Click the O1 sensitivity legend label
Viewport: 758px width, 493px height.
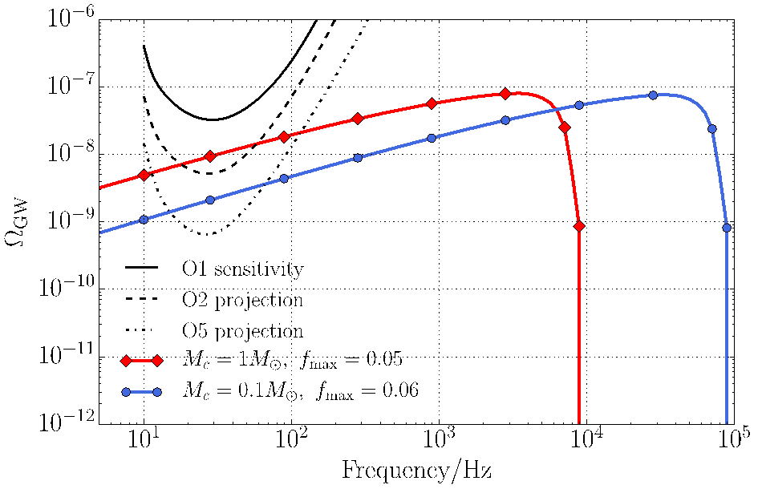tap(242, 269)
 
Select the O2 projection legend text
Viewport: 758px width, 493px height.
tap(242, 300)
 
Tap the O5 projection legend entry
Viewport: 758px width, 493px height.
tap(242, 331)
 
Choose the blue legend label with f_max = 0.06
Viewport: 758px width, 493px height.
tap(301, 392)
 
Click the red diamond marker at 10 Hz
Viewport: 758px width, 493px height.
tap(144, 175)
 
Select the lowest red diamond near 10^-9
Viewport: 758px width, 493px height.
tap(579, 226)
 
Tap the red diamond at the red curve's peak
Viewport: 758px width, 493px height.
tap(505, 94)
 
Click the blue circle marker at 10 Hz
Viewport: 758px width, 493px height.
tap(144, 219)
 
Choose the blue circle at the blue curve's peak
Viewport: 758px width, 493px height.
tap(653, 95)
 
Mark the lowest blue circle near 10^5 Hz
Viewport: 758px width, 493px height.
tap(727, 228)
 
